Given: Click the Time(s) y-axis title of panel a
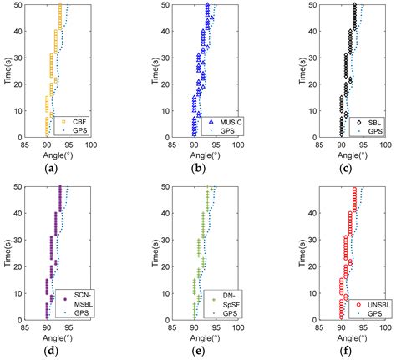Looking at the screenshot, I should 7,71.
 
